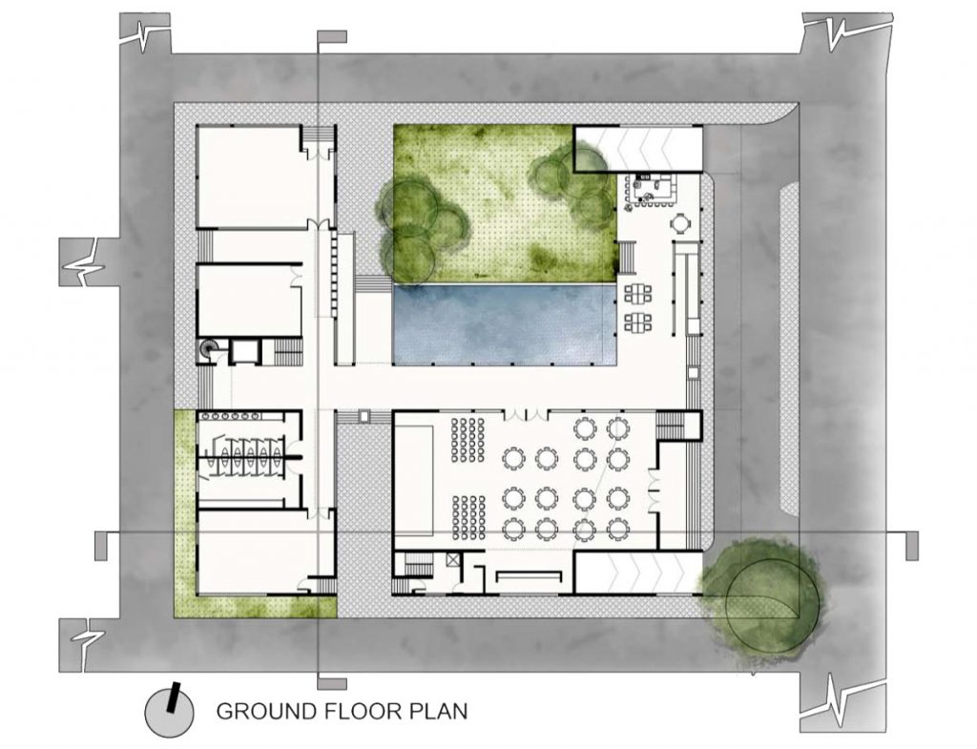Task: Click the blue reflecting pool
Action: coord(504,324)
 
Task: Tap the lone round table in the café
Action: coord(681,222)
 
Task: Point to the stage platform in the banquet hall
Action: coord(414,479)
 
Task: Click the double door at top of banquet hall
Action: coord(527,414)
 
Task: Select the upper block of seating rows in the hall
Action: coord(468,440)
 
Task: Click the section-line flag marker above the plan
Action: coord(331,36)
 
